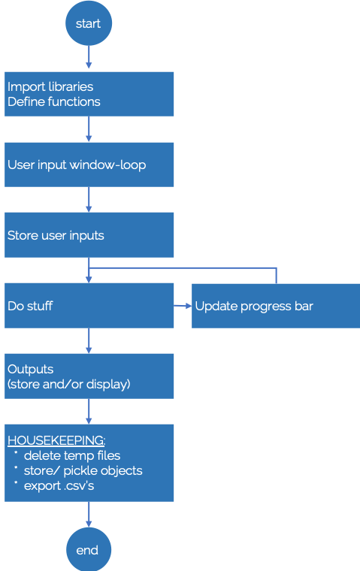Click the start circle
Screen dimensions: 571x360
pos(89,23)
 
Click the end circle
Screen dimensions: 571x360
pos(89,549)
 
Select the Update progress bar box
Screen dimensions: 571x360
pos(275,306)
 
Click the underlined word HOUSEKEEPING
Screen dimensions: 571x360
pos(56,440)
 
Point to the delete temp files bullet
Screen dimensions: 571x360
pos(71,455)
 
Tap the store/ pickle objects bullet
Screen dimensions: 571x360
pos(83,470)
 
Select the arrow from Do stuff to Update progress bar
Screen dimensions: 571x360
pos(183,306)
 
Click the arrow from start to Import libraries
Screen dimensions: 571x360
pos(89,59)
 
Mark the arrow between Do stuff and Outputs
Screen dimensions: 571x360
pos(89,341)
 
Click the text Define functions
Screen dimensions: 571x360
pos(54,101)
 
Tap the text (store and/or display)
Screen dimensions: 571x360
pos(69,384)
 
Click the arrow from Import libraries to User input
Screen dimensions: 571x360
pos(89,129)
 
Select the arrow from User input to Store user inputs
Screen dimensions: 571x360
pos(89,200)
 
